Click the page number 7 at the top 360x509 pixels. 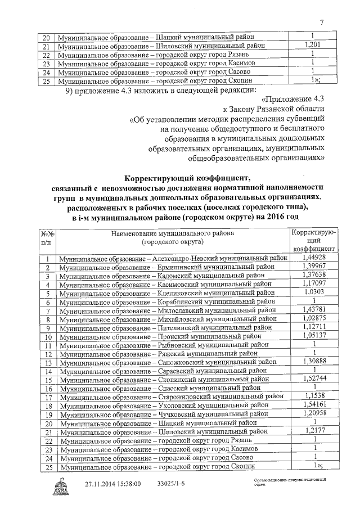(x=321, y=22)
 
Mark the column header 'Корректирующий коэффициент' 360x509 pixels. (x=314, y=240)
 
